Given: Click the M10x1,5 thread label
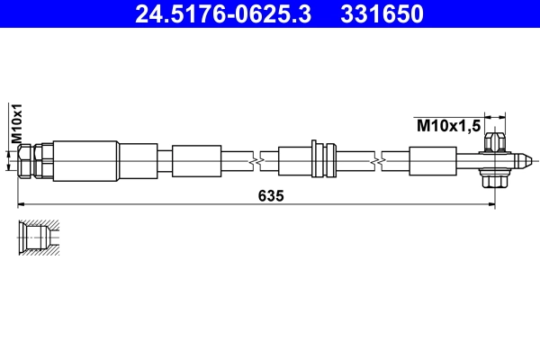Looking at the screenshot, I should (x=445, y=125).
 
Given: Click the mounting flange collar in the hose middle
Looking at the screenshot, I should (x=315, y=160).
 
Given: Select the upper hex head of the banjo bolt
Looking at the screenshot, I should (x=492, y=142).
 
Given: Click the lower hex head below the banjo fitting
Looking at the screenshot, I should (x=492, y=180).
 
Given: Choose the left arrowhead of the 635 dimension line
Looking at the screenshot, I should (x=23, y=204).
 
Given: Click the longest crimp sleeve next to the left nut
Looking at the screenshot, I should (x=85, y=160).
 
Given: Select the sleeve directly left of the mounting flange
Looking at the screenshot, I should (x=293, y=160).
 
